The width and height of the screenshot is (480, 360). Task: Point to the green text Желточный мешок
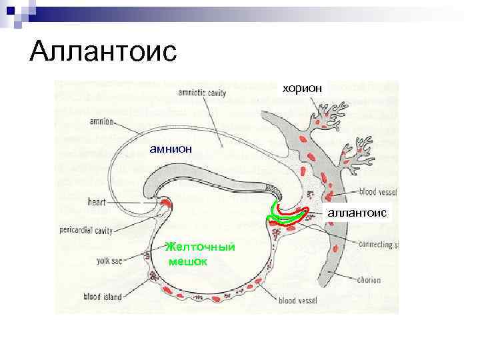199,254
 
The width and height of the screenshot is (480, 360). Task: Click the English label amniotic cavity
203,93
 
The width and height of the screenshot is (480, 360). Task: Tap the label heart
98,201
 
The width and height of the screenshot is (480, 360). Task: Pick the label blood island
103,297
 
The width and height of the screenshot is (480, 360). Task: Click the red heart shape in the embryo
165,203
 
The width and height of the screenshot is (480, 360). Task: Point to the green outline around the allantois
273,212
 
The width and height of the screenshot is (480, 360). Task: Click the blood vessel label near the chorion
377,192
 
